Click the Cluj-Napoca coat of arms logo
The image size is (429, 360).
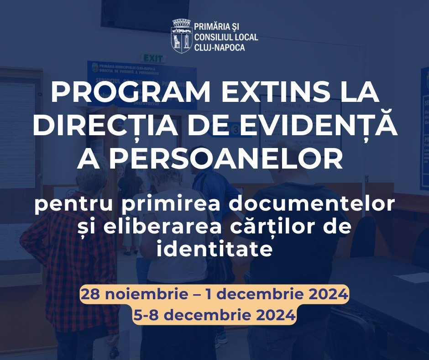pyautogui.click(x=181, y=36)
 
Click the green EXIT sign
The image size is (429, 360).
pyautogui.click(x=153, y=58)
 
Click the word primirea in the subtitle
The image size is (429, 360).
pyautogui.click(x=175, y=204)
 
